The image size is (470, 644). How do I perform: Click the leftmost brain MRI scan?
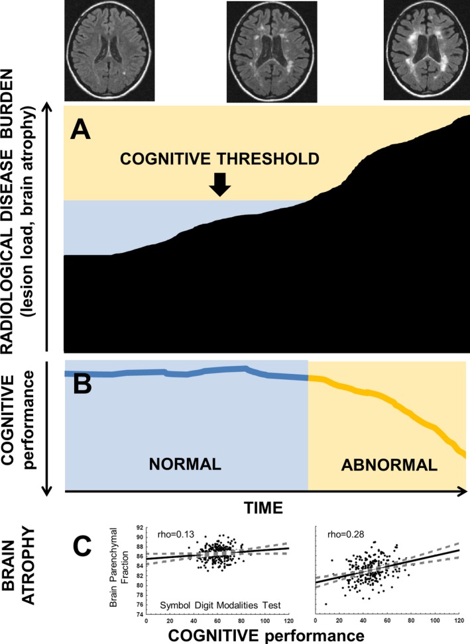point(109,50)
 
